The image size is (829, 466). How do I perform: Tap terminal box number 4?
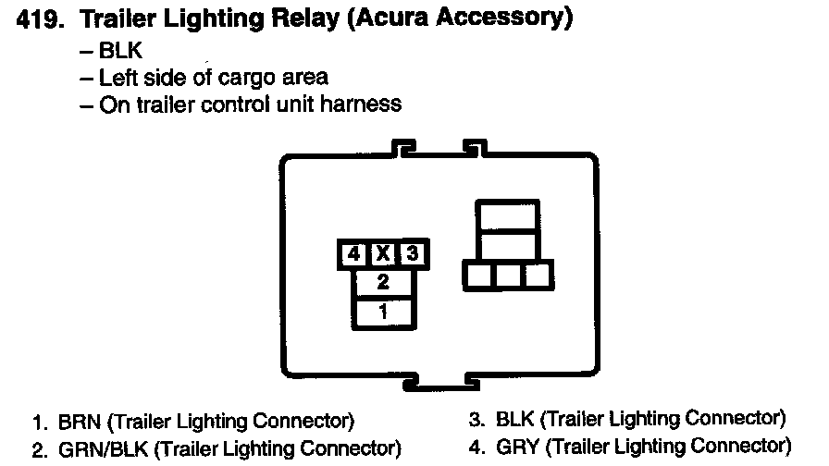coord(352,253)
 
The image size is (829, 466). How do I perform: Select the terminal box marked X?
coord(382,253)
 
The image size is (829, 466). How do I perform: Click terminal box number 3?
coord(414,253)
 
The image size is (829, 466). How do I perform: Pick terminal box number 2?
coord(382,282)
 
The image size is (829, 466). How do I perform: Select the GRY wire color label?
coord(518,448)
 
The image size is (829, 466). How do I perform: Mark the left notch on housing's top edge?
coord(403,148)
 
